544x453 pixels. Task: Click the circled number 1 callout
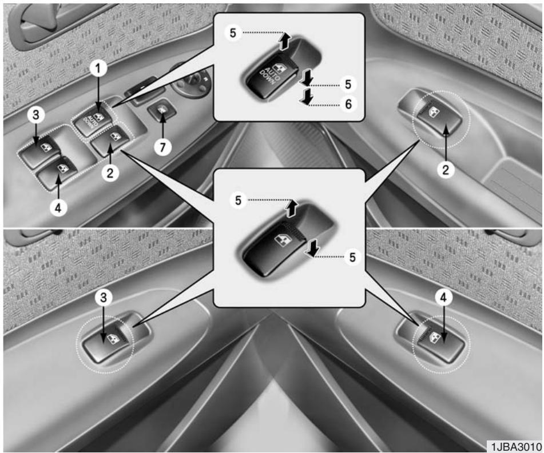pyautogui.click(x=98, y=69)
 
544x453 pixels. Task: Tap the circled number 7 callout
pyautogui.click(x=162, y=147)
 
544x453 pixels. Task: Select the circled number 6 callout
pyautogui.click(x=348, y=104)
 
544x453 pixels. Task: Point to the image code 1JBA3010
pyautogui.click(x=516, y=446)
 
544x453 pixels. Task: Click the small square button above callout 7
pyautogui.click(x=162, y=110)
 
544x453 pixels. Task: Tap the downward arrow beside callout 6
pyautogui.click(x=305, y=97)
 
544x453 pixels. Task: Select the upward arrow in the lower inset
pyautogui.click(x=291, y=208)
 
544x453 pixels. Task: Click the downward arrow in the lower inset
pyautogui.click(x=312, y=249)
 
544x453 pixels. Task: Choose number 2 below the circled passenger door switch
pyautogui.click(x=445, y=170)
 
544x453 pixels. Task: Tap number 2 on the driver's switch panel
pyautogui.click(x=110, y=173)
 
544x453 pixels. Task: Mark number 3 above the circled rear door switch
pyautogui.click(x=104, y=298)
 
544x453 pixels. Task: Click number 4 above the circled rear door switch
pyautogui.click(x=443, y=298)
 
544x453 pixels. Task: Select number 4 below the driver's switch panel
pyautogui.click(x=58, y=208)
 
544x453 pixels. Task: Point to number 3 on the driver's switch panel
pyautogui.click(x=36, y=115)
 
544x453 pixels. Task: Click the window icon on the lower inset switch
pyautogui.click(x=280, y=240)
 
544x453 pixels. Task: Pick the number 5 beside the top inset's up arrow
pyautogui.click(x=233, y=33)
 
